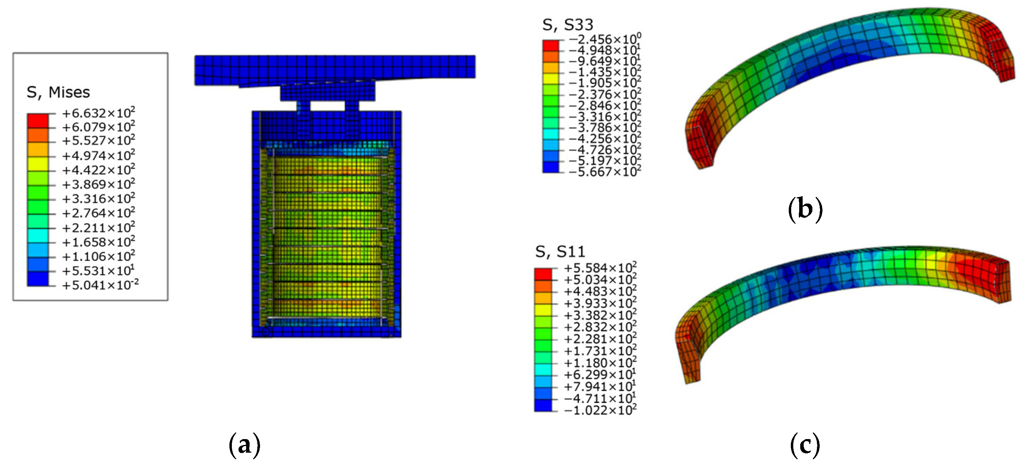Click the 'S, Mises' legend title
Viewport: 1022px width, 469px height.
pos(58,93)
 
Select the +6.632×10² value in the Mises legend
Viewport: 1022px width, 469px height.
pos(98,113)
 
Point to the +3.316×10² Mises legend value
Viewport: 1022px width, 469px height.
pos(98,199)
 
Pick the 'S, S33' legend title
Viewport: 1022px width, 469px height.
pos(568,25)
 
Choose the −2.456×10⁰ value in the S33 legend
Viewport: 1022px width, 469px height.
pos(605,39)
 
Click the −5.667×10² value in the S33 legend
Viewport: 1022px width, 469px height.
pos(605,172)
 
